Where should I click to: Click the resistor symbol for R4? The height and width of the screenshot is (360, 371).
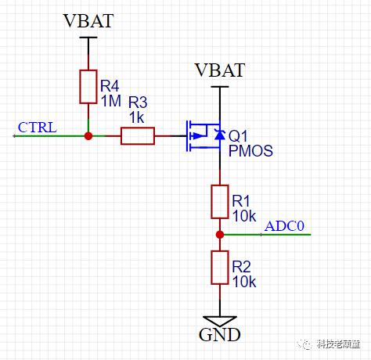click(x=88, y=87)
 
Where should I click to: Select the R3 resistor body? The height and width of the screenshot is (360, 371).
click(x=138, y=136)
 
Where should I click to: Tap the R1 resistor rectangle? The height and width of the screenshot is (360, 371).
click(x=220, y=202)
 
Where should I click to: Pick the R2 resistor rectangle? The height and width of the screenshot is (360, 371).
click(x=220, y=268)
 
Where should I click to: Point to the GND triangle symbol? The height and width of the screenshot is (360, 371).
click(x=220, y=321)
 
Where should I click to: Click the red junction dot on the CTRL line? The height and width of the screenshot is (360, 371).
click(x=88, y=136)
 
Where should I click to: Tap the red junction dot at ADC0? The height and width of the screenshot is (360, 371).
click(x=220, y=235)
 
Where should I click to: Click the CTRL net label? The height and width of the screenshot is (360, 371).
click(x=38, y=128)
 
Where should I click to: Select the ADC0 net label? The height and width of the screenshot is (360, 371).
click(x=284, y=226)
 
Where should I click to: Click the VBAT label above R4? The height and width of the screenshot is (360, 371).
click(x=88, y=21)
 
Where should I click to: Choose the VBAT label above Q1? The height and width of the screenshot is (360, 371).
click(x=220, y=70)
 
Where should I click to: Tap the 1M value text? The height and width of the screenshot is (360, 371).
click(x=111, y=101)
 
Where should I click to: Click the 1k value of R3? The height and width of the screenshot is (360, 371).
click(x=137, y=117)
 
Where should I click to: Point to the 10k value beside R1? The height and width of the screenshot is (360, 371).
click(x=244, y=216)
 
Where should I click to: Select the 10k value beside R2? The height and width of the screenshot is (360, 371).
click(x=244, y=282)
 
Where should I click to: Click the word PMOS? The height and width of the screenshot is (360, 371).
click(x=250, y=151)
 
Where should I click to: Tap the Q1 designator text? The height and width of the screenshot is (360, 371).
click(x=238, y=136)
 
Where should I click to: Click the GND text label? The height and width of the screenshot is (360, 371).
click(x=220, y=334)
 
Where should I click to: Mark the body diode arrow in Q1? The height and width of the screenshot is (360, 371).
click(x=220, y=135)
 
